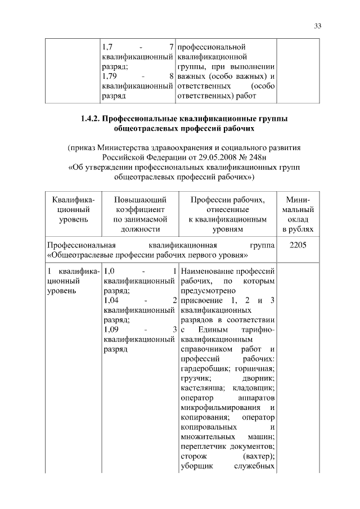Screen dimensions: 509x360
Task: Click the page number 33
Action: (x=318, y=25)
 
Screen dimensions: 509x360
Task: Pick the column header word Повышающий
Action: (x=139, y=200)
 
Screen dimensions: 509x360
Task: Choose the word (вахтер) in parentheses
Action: (x=258, y=456)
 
